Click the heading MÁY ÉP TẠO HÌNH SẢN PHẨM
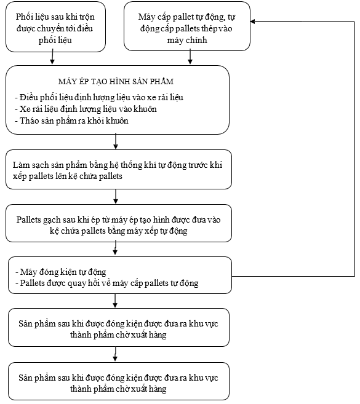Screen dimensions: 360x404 pyautogui.click(x=116, y=81)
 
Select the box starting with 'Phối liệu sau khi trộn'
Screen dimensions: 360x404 pyautogui.click(x=55, y=27)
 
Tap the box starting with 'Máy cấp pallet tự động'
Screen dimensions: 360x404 pyautogui.click(x=187, y=26)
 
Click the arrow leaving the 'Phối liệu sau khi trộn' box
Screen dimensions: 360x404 pyautogui.click(x=52, y=57)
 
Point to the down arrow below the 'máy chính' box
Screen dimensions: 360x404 pyautogui.click(x=190, y=57)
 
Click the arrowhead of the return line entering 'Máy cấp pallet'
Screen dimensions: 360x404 pyautogui.click(x=253, y=22)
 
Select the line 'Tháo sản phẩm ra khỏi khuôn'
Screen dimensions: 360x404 pyautogui.click(x=71, y=121)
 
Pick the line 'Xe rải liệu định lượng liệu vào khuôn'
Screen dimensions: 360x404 pyautogui.click(x=86, y=109)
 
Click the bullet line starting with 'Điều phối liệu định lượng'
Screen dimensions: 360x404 pyautogui.click(x=99, y=97)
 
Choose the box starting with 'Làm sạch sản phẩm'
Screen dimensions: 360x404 pyautogui.click(x=119, y=170)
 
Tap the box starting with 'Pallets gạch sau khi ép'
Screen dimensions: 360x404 pyautogui.click(x=119, y=223)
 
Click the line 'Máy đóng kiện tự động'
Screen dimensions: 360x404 pyautogui.click(x=61, y=272)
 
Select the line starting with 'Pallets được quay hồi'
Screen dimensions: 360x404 pyautogui.click(x=107, y=283)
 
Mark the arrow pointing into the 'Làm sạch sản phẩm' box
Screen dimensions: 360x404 pyautogui.click(x=116, y=141)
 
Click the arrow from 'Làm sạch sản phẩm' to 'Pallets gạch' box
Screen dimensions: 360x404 pyautogui.click(x=116, y=196)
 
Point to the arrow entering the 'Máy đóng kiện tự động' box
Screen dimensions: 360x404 pyautogui.click(x=115, y=248)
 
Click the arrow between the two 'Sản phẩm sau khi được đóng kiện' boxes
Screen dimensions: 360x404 pyautogui.click(x=115, y=354)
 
